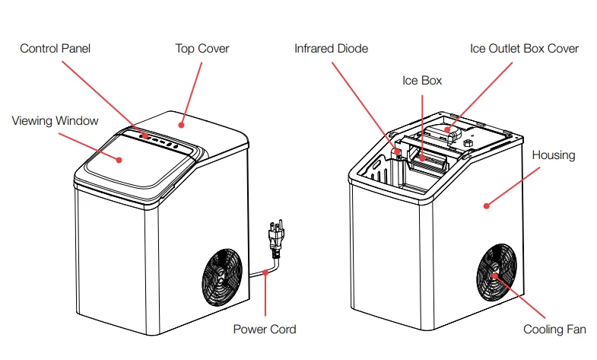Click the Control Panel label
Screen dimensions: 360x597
[x=56, y=49]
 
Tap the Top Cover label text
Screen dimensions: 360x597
[x=202, y=49]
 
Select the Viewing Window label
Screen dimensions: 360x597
[x=55, y=121]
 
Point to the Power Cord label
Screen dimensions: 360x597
[x=264, y=330]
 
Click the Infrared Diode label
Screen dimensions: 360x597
[x=331, y=49]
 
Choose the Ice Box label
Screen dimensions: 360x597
[x=421, y=80]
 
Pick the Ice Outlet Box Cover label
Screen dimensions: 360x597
[x=524, y=49]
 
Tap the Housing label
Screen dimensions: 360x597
[x=553, y=155]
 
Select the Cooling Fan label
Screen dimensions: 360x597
[x=554, y=330]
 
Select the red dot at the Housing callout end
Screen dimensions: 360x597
[x=487, y=204]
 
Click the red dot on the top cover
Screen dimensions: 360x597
[x=181, y=123]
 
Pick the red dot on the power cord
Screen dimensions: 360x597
[x=264, y=272]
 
